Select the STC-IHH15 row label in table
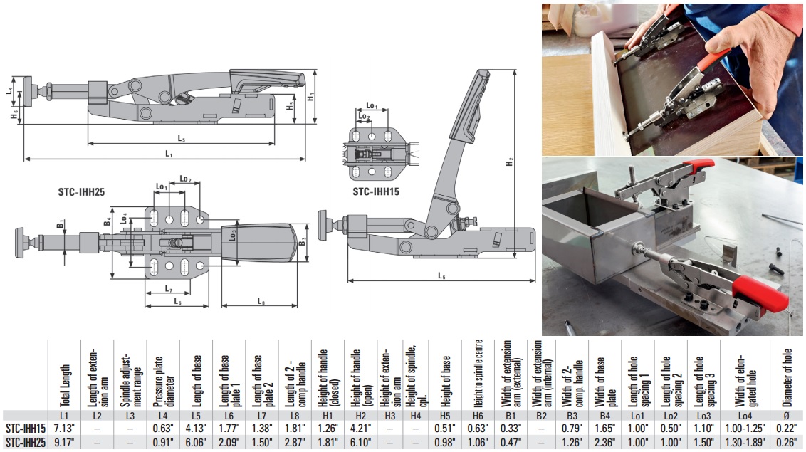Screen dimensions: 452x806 click(26, 428)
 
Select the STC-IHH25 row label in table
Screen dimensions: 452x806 click(26, 443)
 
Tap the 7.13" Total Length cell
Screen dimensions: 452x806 click(63, 428)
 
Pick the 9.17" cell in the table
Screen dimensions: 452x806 click(63, 443)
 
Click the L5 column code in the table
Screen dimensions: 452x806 click(194, 414)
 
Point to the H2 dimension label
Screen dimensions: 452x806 click(508, 163)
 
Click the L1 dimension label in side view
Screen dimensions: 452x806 click(169, 153)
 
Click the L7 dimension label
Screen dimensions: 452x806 click(168, 288)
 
